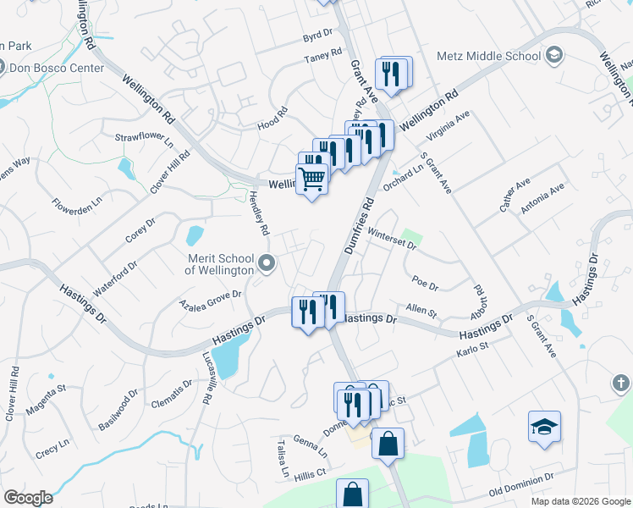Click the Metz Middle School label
click(x=488, y=56)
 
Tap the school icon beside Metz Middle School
click(x=554, y=56)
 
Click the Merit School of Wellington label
click(x=219, y=264)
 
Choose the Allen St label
click(x=421, y=313)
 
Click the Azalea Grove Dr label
click(x=211, y=299)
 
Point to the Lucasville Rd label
click(x=206, y=381)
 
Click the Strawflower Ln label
click(x=144, y=137)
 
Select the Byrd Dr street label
click(x=318, y=39)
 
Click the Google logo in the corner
click(x=28, y=498)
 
